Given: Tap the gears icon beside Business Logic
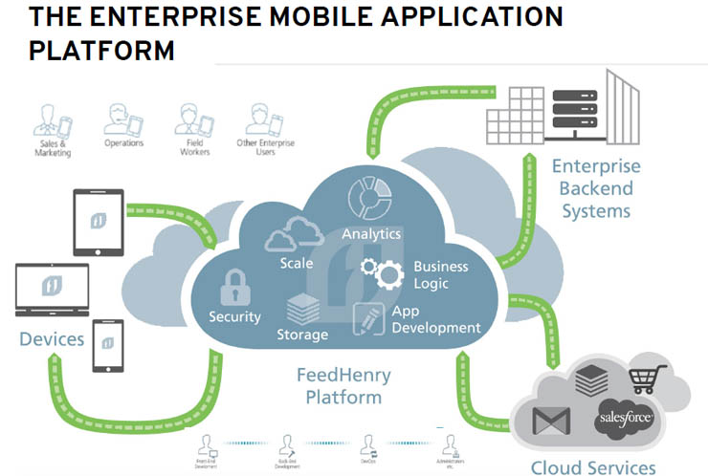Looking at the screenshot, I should [x=382, y=271].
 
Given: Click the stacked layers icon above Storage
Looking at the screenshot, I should [x=304, y=310].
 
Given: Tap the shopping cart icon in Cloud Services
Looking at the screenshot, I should [x=647, y=379].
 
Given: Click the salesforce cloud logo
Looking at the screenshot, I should [x=625, y=419].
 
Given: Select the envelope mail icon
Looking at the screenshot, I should [x=551, y=421].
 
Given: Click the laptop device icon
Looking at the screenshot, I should [x=53, y=290].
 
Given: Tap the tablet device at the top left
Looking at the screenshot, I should [x=98, y=222].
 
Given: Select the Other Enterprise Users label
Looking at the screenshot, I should [x=265, y=148].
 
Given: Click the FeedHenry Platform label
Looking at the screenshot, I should [x=339, y=386].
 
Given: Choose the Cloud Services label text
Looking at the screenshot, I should [x=593, y=466].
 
